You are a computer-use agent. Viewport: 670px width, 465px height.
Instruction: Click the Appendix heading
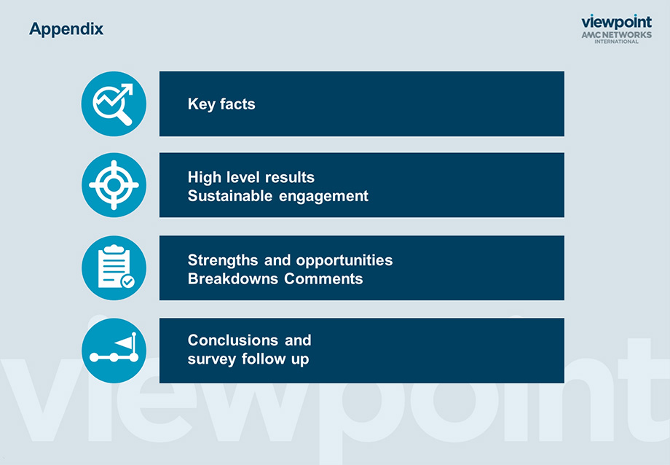point(66,29)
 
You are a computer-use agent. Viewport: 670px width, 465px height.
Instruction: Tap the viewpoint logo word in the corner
point(617,23)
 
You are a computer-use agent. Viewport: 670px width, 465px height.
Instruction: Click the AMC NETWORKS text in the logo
point(617,35)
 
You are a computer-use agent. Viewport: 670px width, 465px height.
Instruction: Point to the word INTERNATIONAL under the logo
point(617,42)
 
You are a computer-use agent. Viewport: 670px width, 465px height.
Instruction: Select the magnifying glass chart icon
point(114,104)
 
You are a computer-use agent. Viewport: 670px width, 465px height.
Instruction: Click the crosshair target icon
point(114,185)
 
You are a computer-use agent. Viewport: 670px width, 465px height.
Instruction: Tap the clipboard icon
point(114,267)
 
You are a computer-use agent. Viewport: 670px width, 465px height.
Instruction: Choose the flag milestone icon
point(114,351)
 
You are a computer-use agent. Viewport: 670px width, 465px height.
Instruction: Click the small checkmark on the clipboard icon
point(128,281)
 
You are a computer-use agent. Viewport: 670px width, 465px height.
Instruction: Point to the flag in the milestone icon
point(125,343)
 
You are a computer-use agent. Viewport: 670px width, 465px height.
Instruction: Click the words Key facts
point(221,104)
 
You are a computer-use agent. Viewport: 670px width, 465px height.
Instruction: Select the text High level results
point(251,177)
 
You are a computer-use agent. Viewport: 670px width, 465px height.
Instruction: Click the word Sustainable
point(230,196)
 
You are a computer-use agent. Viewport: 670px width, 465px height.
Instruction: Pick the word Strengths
point(223,260)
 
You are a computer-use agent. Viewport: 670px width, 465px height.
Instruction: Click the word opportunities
point(344,261)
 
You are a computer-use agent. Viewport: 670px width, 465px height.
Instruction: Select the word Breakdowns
point(233,279)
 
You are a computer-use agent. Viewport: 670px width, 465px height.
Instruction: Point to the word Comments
point(323,279)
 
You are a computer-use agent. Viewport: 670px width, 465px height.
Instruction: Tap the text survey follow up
point(248,359)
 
